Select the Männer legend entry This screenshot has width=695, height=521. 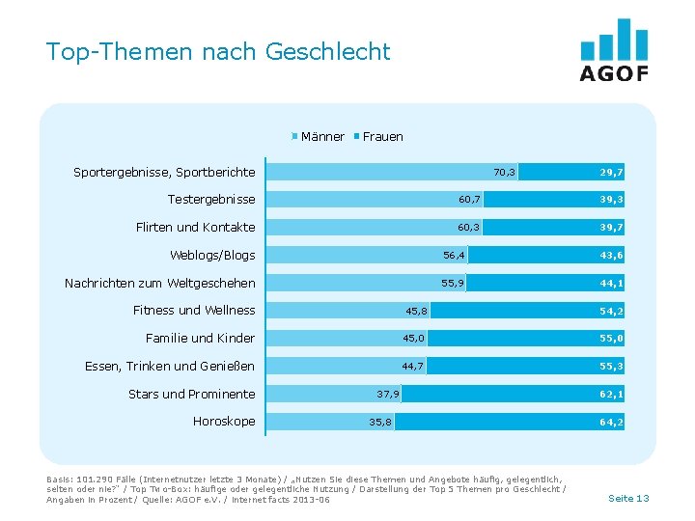[321, 137]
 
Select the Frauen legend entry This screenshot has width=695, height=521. [382, 137]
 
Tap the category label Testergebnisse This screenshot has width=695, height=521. [211, 200]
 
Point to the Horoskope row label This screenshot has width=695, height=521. [224, 422]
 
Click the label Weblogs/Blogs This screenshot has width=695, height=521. [212, 256]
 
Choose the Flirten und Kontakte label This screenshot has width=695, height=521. [195, 228]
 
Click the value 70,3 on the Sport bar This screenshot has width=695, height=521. [505, 173]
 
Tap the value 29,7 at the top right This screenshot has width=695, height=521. [611, 173]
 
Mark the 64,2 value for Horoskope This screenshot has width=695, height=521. [611, 422]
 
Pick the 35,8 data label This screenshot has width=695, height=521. [380, 422]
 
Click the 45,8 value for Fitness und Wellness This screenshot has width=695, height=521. [417, 311]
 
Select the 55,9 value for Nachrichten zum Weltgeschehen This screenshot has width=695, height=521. [453, 284]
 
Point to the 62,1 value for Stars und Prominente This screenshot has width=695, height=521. [611, 394]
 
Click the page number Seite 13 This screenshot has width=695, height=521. [628, 498]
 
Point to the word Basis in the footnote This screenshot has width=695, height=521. [58, 479]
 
